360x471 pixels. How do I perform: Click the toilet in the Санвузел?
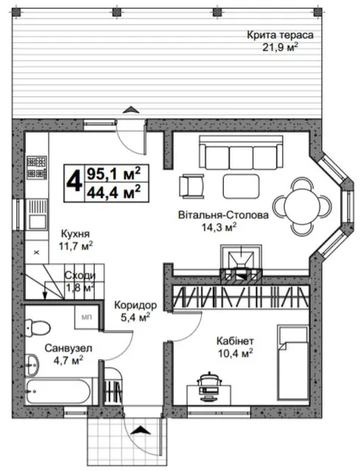click(37, 328)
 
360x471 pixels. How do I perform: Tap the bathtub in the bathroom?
click(57, 391)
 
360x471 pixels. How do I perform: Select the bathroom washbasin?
click(32, 365)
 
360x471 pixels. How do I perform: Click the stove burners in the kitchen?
click(37, 168)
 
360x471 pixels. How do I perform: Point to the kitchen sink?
click(37, 214)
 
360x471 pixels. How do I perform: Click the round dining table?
click(303, 206)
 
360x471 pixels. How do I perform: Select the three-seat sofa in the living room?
click(241, 152)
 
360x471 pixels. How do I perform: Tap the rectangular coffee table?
click(241, 186)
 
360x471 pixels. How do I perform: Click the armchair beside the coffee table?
click(191, 186)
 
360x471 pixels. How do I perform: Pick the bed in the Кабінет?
click(293, 362)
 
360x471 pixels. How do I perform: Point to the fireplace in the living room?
click(241, 264)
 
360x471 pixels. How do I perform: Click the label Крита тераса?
click(280, 35)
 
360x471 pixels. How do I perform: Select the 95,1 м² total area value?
click(113, 173)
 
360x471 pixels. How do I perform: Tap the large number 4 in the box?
click(74, 183)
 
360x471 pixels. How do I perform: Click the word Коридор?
click(135, 305)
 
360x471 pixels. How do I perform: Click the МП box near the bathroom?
click(87, 317)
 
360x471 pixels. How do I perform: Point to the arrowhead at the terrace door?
click(131, 110)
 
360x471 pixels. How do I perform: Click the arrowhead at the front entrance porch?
click(141, 430)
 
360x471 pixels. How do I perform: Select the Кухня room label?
click(75, 234)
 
